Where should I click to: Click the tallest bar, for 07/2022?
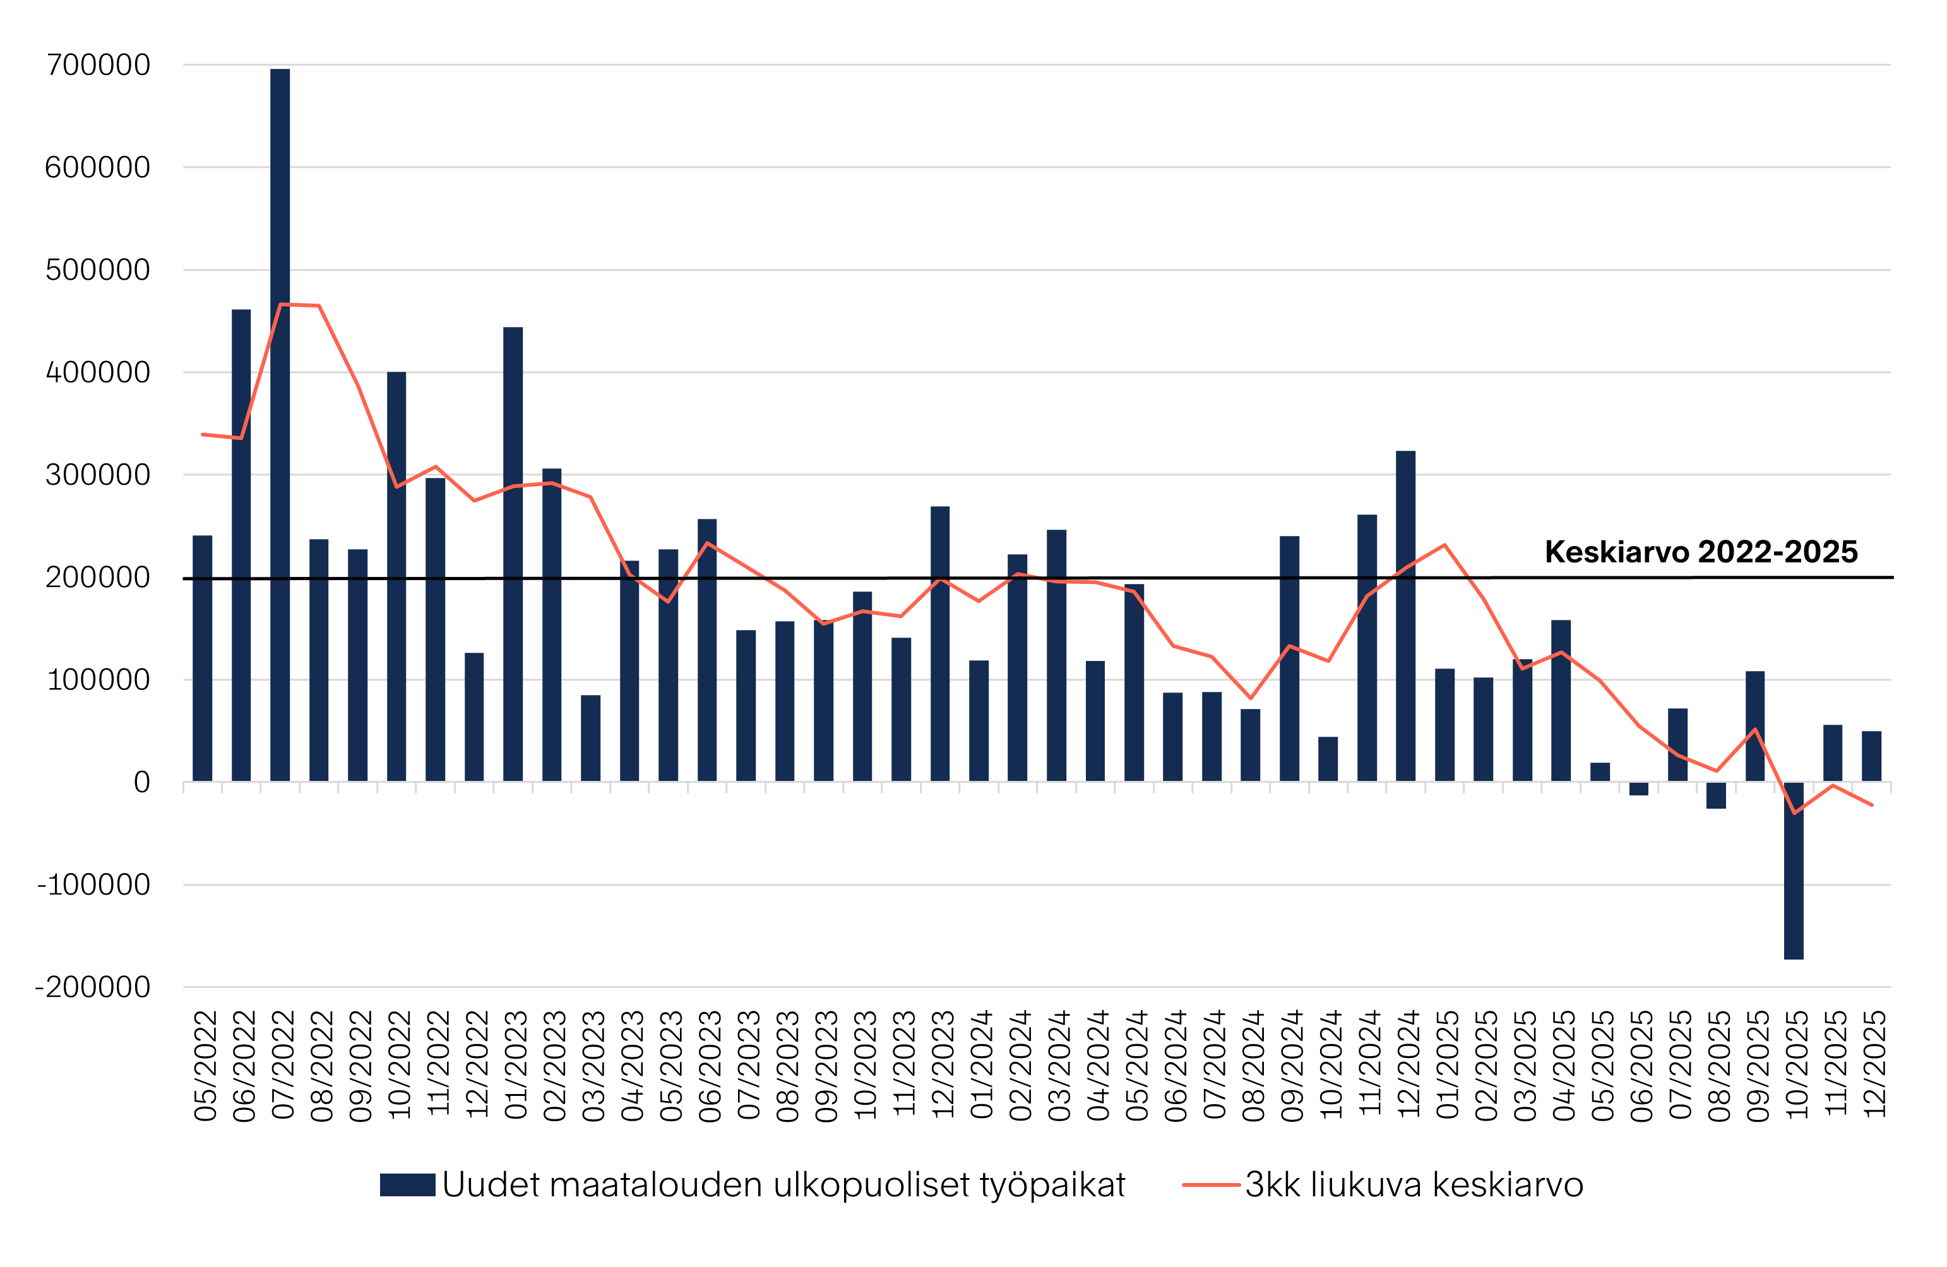(x=280, y=425)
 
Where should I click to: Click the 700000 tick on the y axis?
(x=98, y=64)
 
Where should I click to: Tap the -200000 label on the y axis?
(x=92, y=987)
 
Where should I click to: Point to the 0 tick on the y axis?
(x=141, y=783)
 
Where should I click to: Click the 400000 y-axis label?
(x=98, y=372)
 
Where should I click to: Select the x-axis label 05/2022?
(x=205, y=1066)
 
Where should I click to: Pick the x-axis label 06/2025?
(x=1641, y=1066)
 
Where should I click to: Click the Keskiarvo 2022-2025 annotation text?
(x=1701, y=552)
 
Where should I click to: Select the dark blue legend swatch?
(x=407, y=1185)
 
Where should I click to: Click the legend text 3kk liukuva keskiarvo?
(x=1414, y=1185)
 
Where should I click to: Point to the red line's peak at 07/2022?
(x=280, y=304)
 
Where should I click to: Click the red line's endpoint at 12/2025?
(x=1872, y=805)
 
